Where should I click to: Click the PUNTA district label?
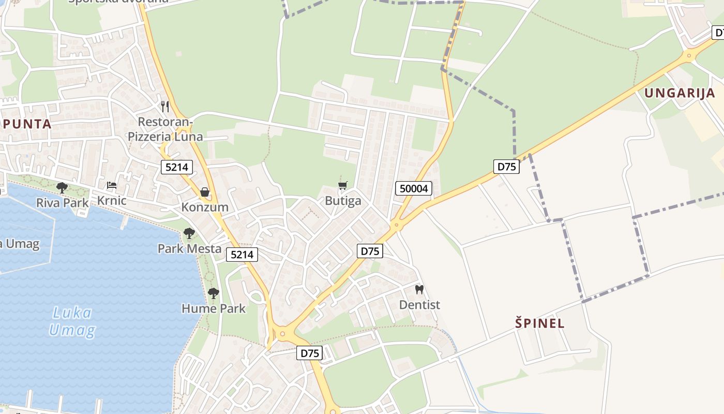point(27,124)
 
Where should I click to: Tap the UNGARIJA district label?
point(680,93)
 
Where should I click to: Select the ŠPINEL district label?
point(540,323)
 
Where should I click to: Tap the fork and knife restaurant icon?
point(165,107)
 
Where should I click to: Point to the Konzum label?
point(205,207)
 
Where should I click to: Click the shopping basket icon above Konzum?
point(205,193)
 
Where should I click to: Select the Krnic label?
point(112,200)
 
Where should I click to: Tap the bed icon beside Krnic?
point(112,185)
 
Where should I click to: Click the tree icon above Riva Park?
point(62,187)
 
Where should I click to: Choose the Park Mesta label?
point(189,248)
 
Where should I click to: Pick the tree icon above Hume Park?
point(213,293)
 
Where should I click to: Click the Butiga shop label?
point(343,201)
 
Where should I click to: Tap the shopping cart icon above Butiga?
point(342,186)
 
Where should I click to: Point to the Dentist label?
point(419,305)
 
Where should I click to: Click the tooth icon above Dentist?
point(419,290)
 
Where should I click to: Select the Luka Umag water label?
point(72,321)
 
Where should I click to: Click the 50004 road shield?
point(414,188)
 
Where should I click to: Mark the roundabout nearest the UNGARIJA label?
point(688,55)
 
